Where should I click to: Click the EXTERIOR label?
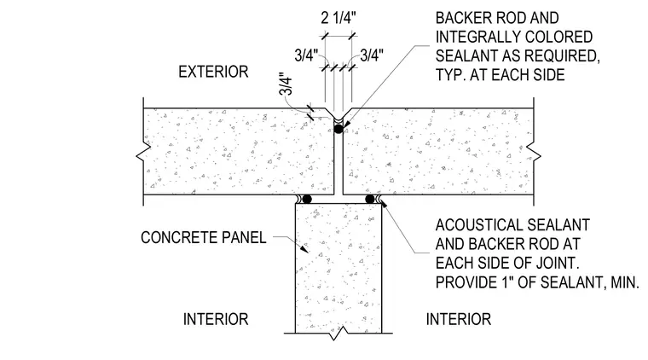213,72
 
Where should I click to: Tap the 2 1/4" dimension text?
338,18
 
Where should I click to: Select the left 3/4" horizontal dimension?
306,55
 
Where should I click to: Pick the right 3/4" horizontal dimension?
372,55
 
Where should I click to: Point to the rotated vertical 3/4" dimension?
286,84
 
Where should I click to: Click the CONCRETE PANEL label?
203,237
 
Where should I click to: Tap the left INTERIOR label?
216,319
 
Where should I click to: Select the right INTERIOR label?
459,319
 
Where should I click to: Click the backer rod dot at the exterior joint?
338,129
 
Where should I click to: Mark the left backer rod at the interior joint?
307,200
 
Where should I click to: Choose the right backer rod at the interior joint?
370,200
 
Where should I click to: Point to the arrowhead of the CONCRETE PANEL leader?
304,249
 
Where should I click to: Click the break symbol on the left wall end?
141,156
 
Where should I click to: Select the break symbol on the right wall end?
536,156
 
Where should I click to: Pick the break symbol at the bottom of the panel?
338,334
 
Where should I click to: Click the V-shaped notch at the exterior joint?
338,113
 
